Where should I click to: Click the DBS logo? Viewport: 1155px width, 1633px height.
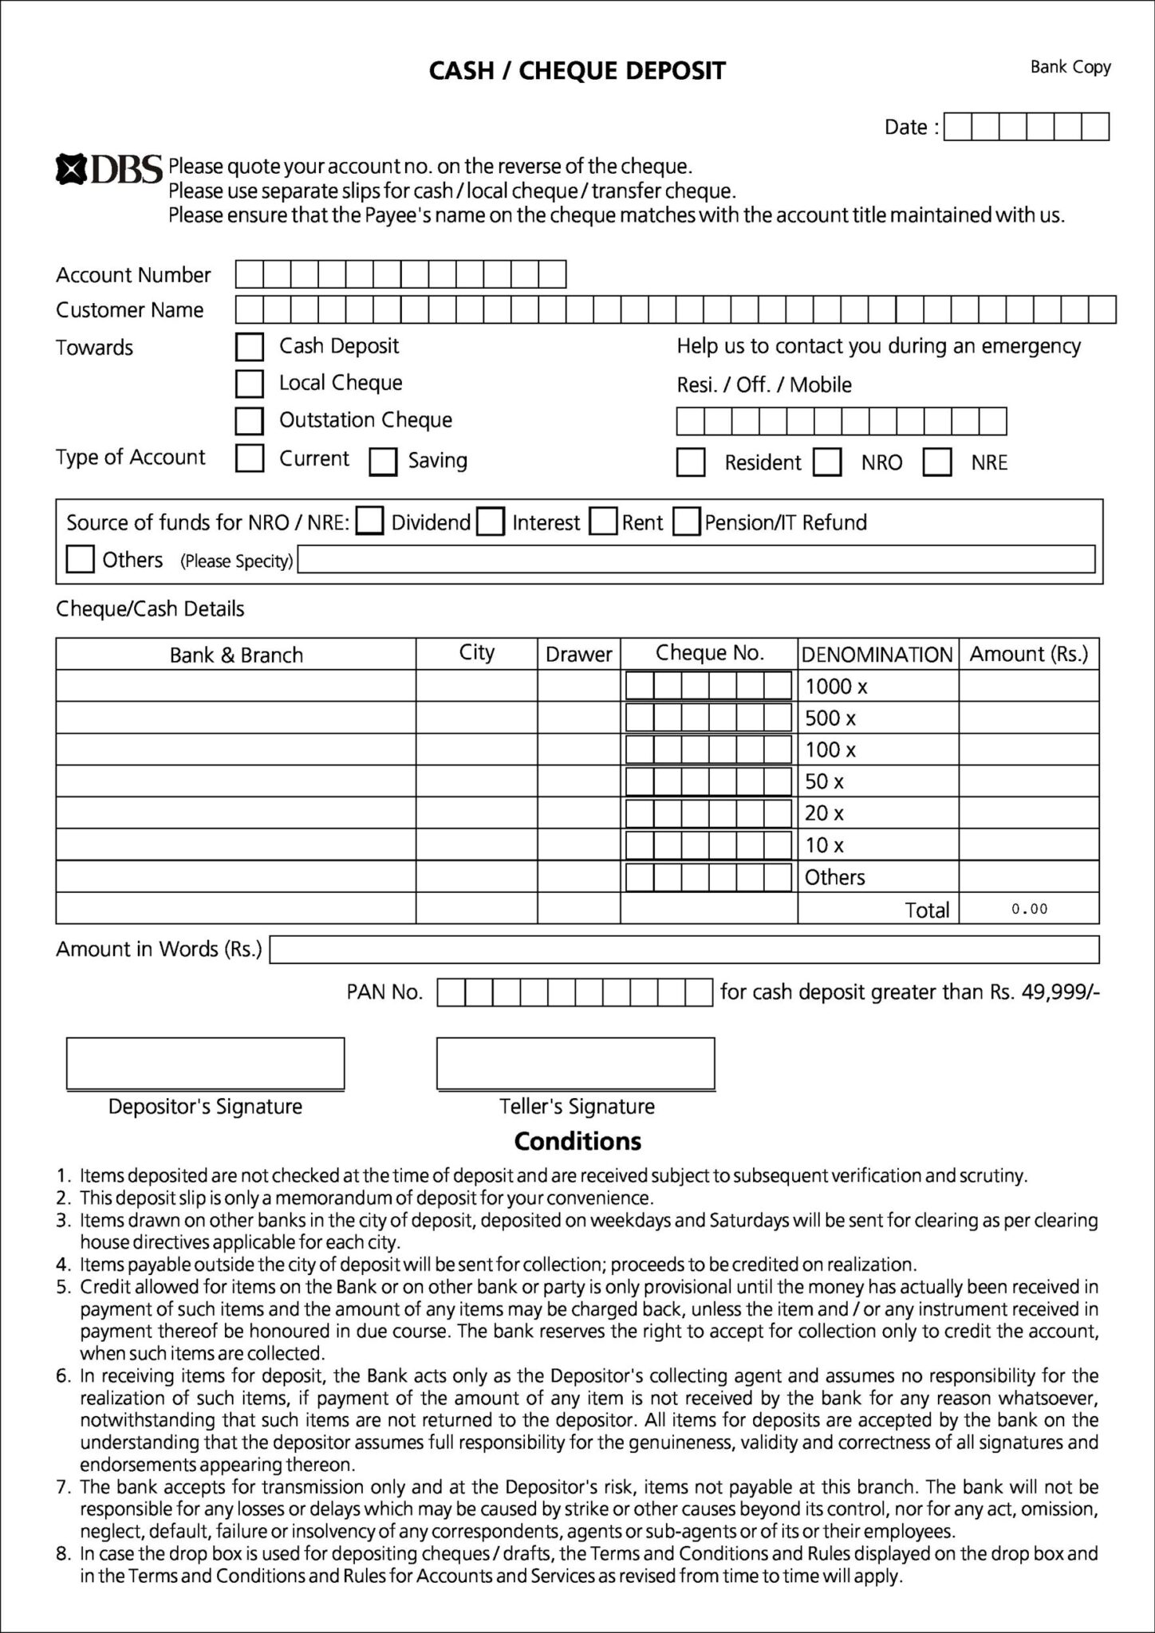(108, 169)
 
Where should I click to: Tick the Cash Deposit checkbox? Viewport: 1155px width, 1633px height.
(250, 347)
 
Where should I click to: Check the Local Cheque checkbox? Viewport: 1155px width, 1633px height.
(250, 384)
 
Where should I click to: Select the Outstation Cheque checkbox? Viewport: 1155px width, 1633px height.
(250, 420)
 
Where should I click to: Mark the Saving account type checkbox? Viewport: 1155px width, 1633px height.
(383, 462)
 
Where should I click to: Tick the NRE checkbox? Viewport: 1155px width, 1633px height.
(937, 462)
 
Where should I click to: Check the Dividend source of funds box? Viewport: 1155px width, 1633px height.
(369, 522)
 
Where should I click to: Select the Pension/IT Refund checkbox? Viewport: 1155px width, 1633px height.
(686, 522)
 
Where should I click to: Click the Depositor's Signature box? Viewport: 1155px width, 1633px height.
(205, 1064)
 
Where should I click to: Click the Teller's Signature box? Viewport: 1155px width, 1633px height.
(575, 1064)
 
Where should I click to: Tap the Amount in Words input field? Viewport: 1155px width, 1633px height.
(684, 950)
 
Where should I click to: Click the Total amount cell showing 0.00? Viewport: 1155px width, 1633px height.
(1028, 909)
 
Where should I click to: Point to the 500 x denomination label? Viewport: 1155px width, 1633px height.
(830, 718)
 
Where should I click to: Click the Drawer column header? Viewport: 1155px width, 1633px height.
(578, 655)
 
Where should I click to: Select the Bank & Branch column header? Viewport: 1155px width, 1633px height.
(236, 655)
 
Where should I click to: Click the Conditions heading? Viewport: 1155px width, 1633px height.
(577, 1142)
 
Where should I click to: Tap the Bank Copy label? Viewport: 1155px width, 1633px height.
(1070, 67)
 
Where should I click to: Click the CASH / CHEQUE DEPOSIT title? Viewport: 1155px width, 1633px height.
(577, 72)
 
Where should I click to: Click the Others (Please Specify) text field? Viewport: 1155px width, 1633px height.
(696, 560)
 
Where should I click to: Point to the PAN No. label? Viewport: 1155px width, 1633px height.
(384, 993)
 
